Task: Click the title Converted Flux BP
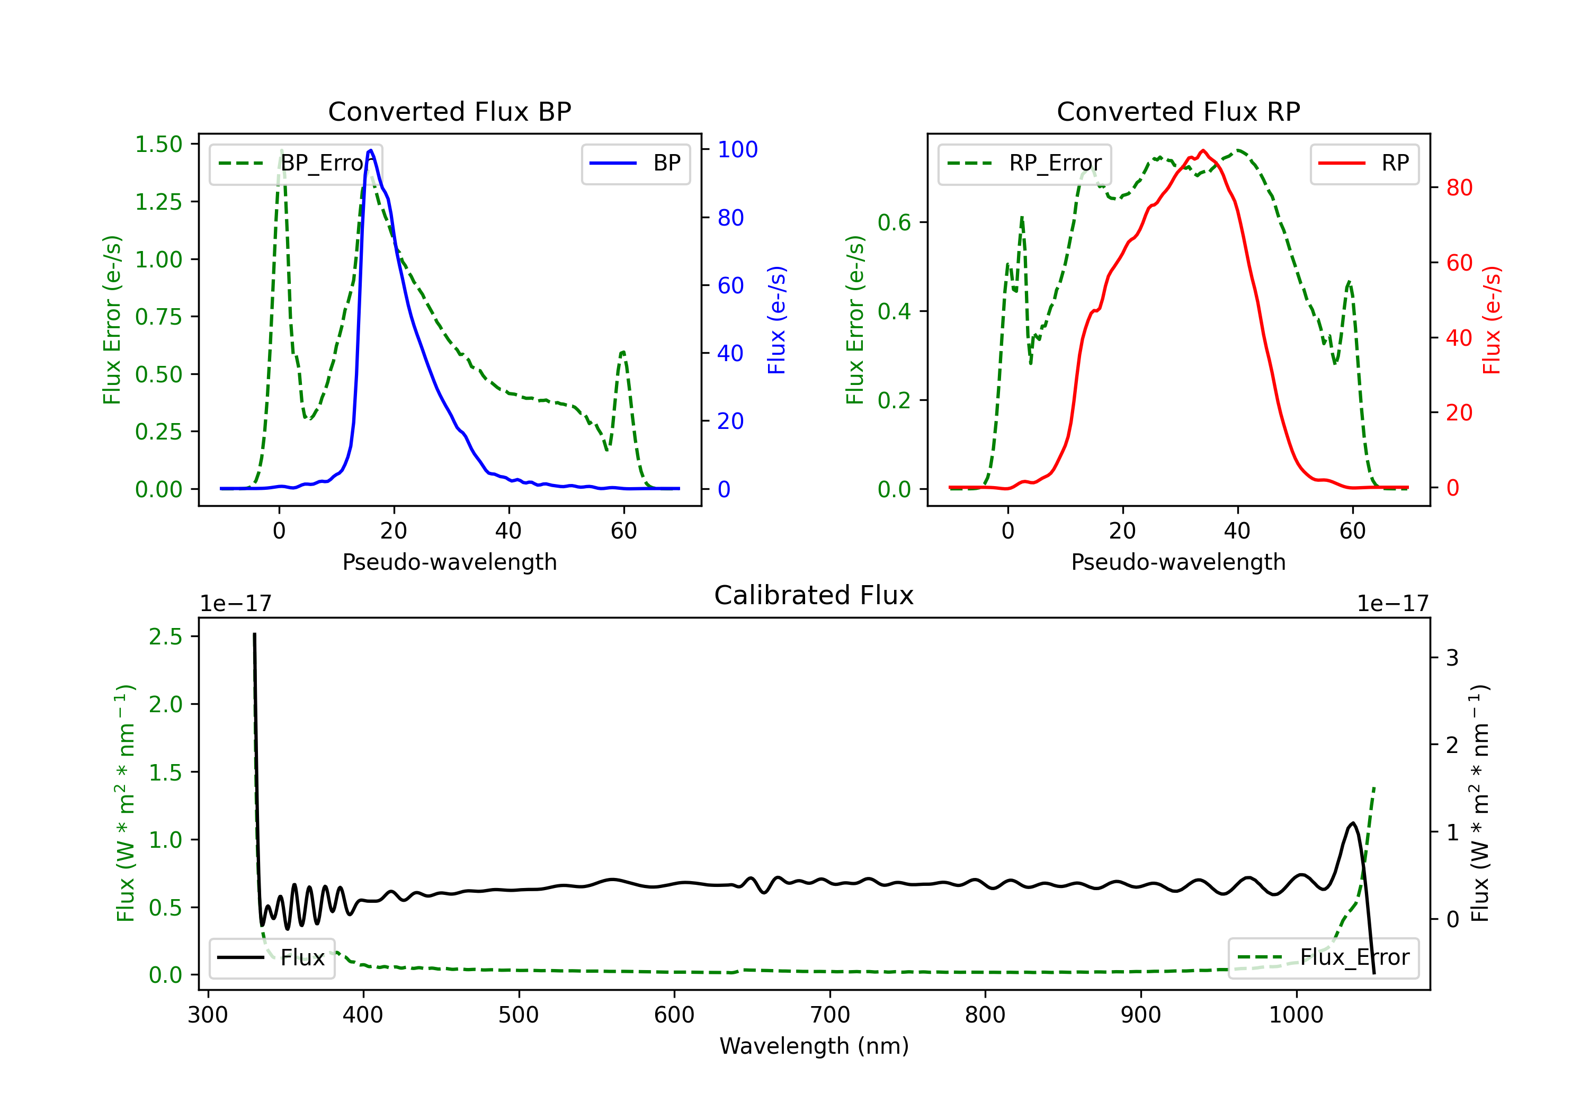point(449,111)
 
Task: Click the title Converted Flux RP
point(1178,111)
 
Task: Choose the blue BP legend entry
point(635,163)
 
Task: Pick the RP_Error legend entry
point(1024,163)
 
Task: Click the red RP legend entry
point(1364,163)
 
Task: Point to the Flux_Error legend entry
point(1323,958)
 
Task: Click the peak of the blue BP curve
point(371,150)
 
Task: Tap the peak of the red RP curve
point(1203,151)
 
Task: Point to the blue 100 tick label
point(737,149)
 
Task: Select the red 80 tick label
point(1459,187)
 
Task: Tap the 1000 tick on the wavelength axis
point(1296,1015)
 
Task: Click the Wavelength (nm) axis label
point(814,1046)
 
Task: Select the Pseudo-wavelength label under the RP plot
point(1178,562)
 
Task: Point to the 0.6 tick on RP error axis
point(894,223)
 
